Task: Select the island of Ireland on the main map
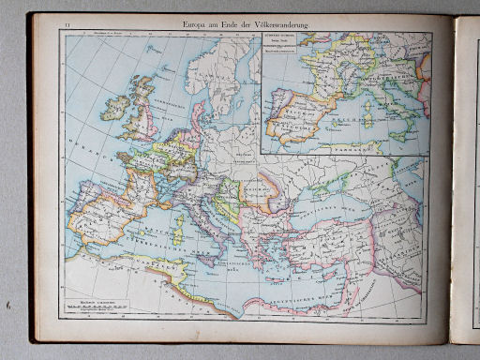point(115,107)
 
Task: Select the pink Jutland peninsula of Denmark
point(198,113)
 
